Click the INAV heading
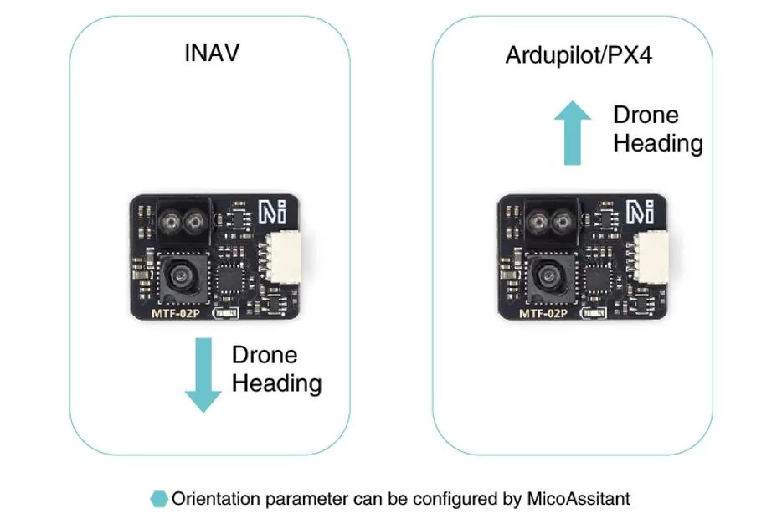[212, 54]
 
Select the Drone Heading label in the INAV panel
[276, 369]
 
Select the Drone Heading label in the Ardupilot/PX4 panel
[657, 129]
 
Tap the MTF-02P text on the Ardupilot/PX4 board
[543, 314]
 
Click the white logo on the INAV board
[270, 210]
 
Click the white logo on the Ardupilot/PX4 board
[641, 210]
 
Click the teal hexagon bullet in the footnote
[158, 499]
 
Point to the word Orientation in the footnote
[212, 499]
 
